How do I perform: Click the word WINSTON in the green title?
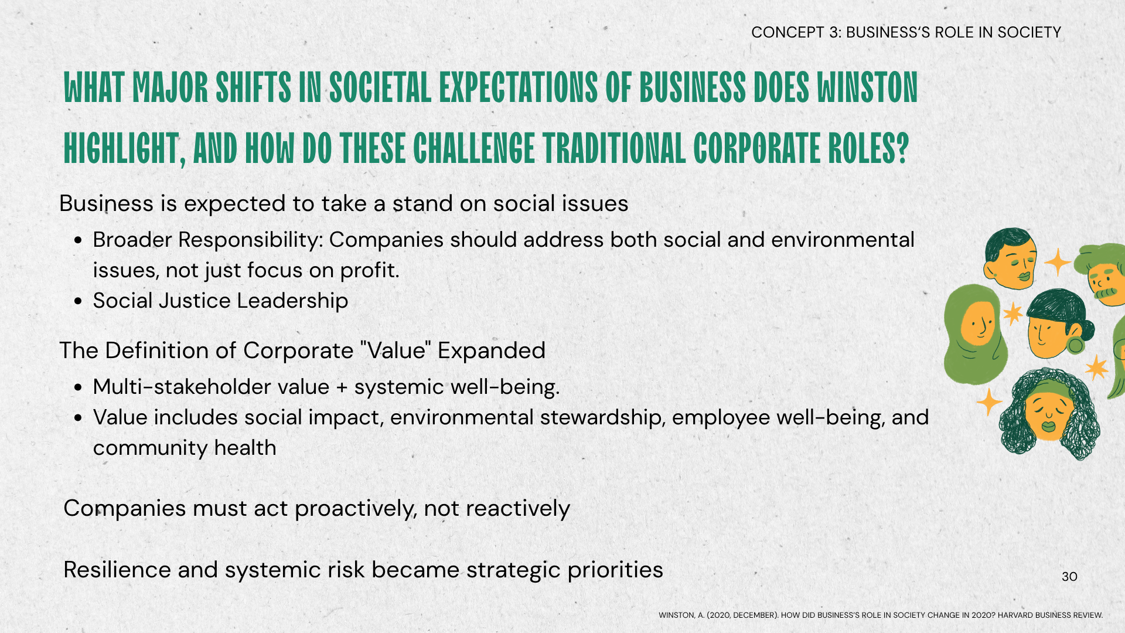[x=867, y=88]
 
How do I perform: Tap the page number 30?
[x=1069, y=577]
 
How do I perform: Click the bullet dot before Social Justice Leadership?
[x=78, y=301]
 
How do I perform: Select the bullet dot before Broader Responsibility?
[x=78, y=240]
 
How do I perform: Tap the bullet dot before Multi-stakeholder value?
[x=78, y=387]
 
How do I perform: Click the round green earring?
[x=1075, y=345]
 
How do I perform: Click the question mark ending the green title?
[x=902, y=148]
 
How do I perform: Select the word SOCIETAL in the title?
[x=380, y=88]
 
